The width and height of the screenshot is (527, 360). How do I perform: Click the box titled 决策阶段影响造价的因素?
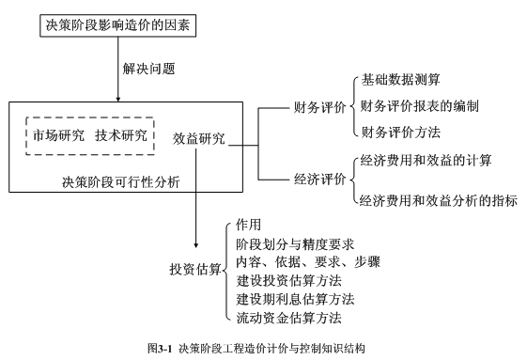[x=117, y=26]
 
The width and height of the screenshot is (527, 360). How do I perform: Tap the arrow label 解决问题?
[x=148, y=69]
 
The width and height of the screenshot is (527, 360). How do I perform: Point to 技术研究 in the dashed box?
[x=121, y=135]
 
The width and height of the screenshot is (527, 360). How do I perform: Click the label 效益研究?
[x=199, y=137]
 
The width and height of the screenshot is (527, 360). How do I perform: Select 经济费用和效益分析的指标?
[x=439, y=199]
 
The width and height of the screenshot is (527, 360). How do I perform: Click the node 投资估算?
[x=196, y=270]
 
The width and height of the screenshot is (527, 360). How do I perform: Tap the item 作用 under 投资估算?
[x=250, y=227]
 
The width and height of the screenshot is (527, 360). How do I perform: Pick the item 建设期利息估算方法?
[x=295, y=299]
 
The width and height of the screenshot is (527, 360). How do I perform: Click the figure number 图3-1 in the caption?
[x=161, y=348]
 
